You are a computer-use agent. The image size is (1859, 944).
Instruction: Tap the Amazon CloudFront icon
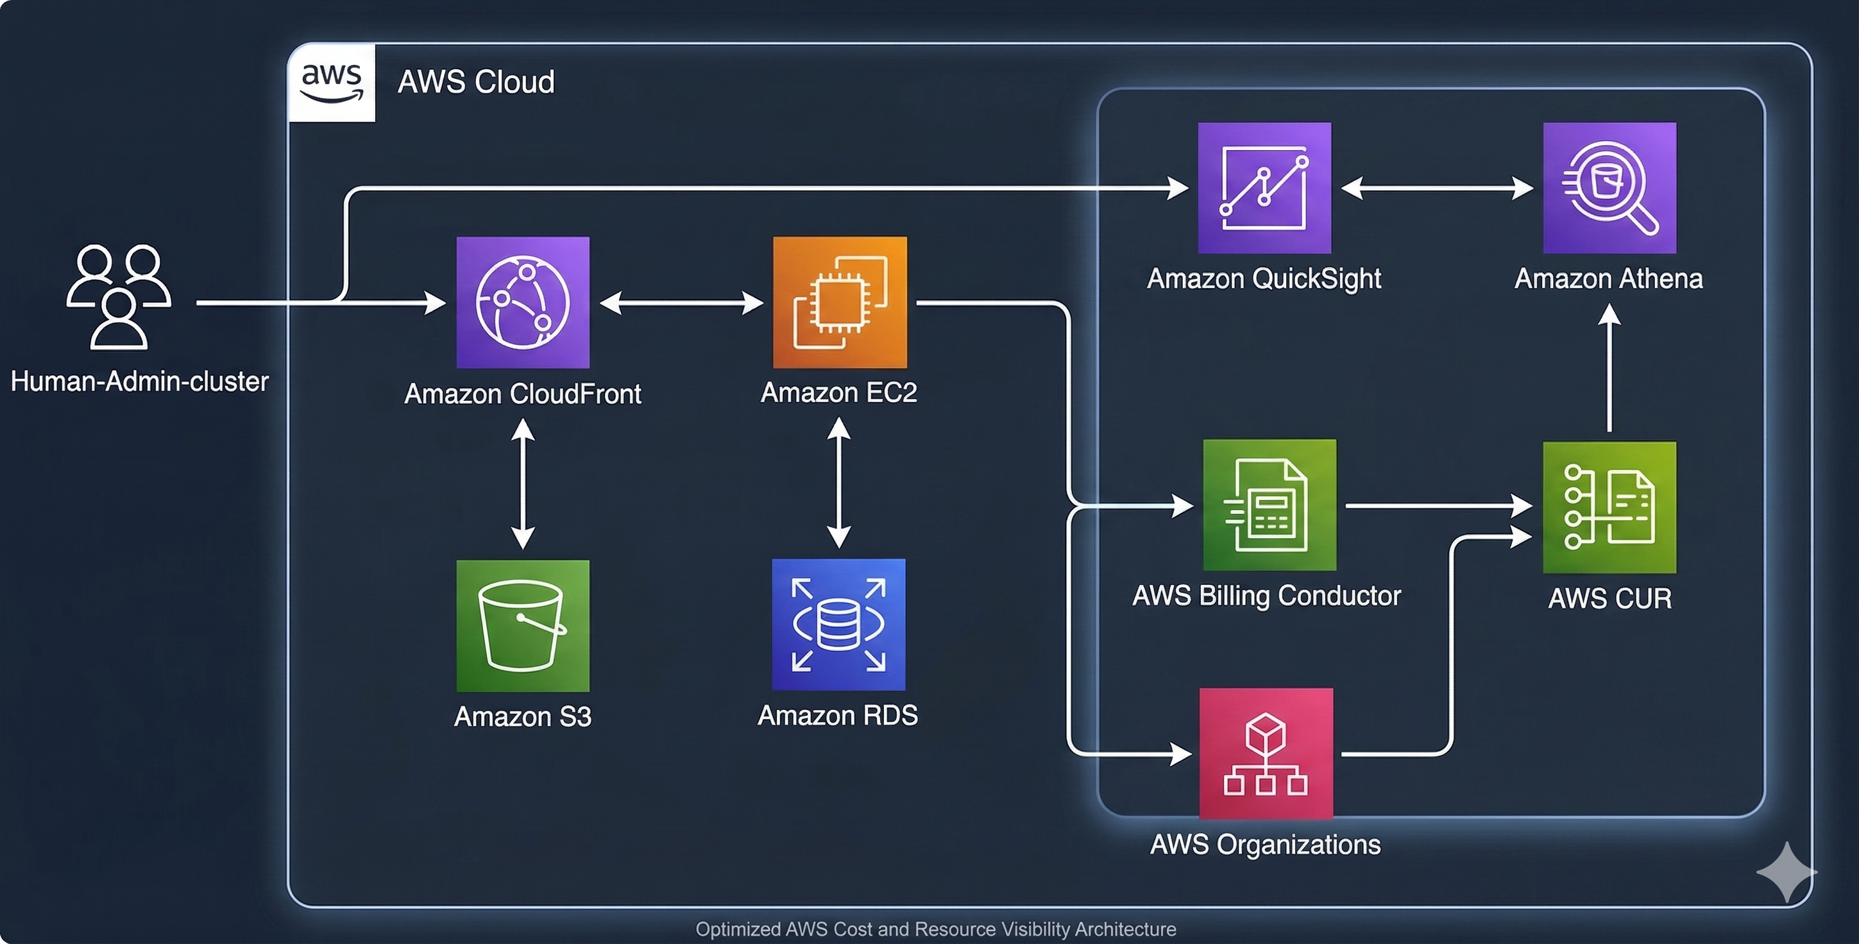[x=522, y=303]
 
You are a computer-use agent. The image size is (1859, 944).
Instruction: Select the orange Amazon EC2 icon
[x=839, y=303]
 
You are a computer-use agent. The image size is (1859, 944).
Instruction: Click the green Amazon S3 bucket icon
[x=522, y=626]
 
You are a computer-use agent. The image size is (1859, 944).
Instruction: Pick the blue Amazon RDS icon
[x=838, y=624]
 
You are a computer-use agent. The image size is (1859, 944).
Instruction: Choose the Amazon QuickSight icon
[x=1264, y=188]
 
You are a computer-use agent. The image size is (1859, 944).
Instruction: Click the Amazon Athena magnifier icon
[x=1609, y=188]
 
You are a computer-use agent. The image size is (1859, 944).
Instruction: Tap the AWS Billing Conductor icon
[x=1269, y=505]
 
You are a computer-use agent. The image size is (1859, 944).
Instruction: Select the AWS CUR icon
[x=1609, y=507]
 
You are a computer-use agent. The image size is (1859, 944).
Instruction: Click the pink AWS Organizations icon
[x=1266, y=754]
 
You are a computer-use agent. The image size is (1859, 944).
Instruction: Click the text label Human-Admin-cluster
[x=139, y=381]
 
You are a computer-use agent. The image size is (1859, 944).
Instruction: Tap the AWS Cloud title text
[x=476, y=81]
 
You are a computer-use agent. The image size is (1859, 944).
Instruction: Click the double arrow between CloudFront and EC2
[x=681, y=303]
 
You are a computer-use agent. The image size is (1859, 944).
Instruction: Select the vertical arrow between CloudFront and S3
[x=522, y=484]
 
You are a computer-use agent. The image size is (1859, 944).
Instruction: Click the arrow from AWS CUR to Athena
[x=1609, y=368]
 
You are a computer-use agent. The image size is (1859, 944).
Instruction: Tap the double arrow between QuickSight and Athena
[x=1437, y=189]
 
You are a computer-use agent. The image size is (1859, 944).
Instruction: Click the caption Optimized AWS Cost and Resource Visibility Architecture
[x=935, y=929]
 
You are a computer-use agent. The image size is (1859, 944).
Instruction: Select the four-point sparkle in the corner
[x=1786, y=872]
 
